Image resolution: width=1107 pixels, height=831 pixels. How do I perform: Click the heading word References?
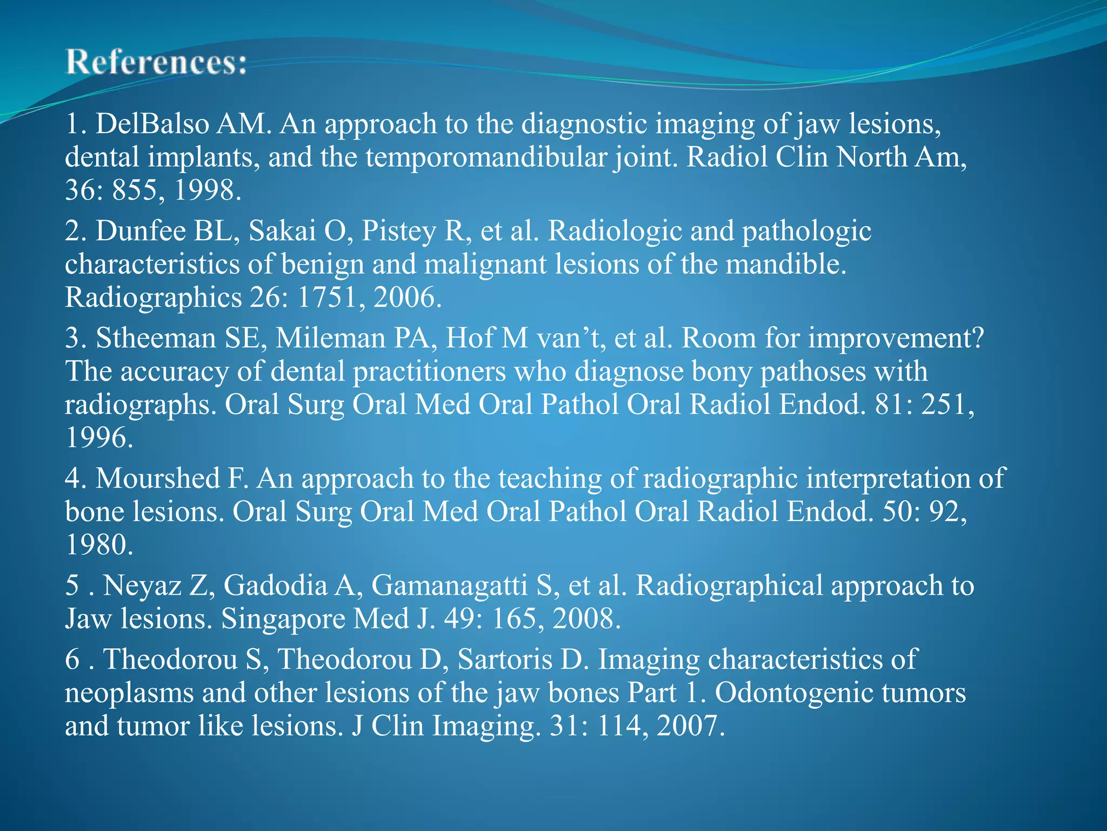tap(156, 62)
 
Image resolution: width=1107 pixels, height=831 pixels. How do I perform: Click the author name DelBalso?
tap(152, 124)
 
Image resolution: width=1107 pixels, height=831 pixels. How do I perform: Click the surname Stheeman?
tap(156, 339)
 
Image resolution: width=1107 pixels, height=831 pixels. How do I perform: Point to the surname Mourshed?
tap(157, 479)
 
